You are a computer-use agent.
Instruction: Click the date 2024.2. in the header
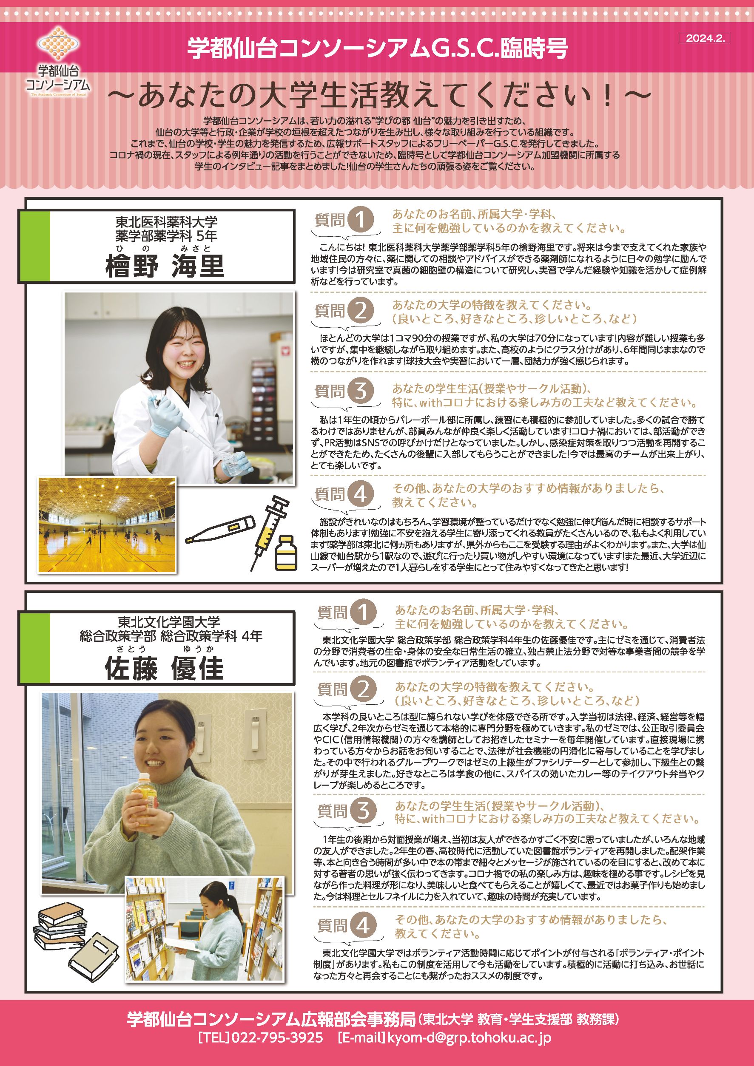coord(704,39)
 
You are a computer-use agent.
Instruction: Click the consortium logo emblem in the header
coord(59,44)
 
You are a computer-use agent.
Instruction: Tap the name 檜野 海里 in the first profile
coord(165,266)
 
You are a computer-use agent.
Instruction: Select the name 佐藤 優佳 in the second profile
coord(165,669)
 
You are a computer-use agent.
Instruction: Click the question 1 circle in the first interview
coord(361,220)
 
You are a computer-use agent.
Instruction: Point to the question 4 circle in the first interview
coord(361,494)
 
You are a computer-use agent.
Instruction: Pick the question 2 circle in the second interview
coord(363,689)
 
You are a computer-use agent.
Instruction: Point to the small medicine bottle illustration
coord(285,553)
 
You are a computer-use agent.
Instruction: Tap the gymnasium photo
coord(107,524)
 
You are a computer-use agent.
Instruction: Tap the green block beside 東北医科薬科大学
coord(34,246)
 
